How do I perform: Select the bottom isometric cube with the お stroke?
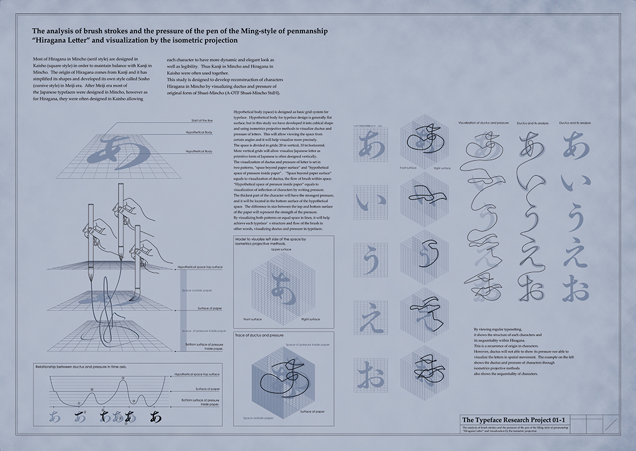[x=425, y=370]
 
